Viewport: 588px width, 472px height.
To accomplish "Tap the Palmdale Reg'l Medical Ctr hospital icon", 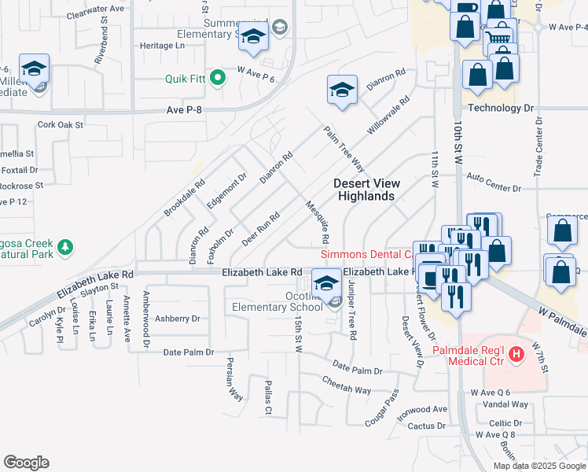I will tap(516, 355).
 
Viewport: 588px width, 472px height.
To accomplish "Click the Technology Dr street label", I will tap(500, 108).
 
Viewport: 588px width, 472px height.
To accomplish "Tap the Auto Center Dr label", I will tap(494, 188).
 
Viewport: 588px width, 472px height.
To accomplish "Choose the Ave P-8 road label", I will tap(185, 111).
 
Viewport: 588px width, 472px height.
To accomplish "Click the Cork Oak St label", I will tap(61, 125).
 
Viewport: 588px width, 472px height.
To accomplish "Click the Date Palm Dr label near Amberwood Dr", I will tap(188, 352).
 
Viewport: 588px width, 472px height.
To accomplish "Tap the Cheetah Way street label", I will tap(346, 385).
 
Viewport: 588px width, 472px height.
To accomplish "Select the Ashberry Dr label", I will tap(177, 319).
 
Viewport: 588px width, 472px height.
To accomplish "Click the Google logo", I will tap(26, 463).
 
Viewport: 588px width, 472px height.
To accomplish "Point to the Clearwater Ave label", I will tap(96, 8).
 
